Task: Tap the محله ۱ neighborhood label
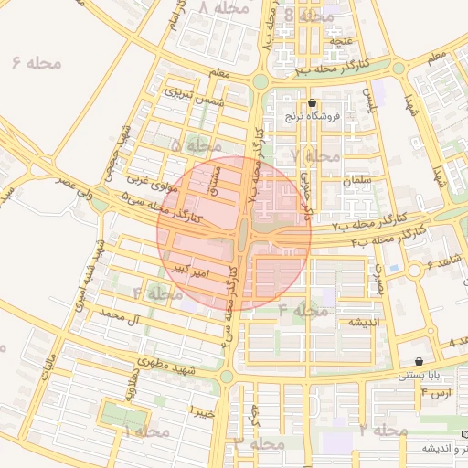tap(145, 431)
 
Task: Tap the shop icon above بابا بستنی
tap(419, 361)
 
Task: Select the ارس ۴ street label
tap(436, 393)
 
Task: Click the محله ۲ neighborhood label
tap(383, 430)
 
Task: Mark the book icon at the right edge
tap(464, 434)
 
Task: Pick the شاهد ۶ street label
tap(441, 265)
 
